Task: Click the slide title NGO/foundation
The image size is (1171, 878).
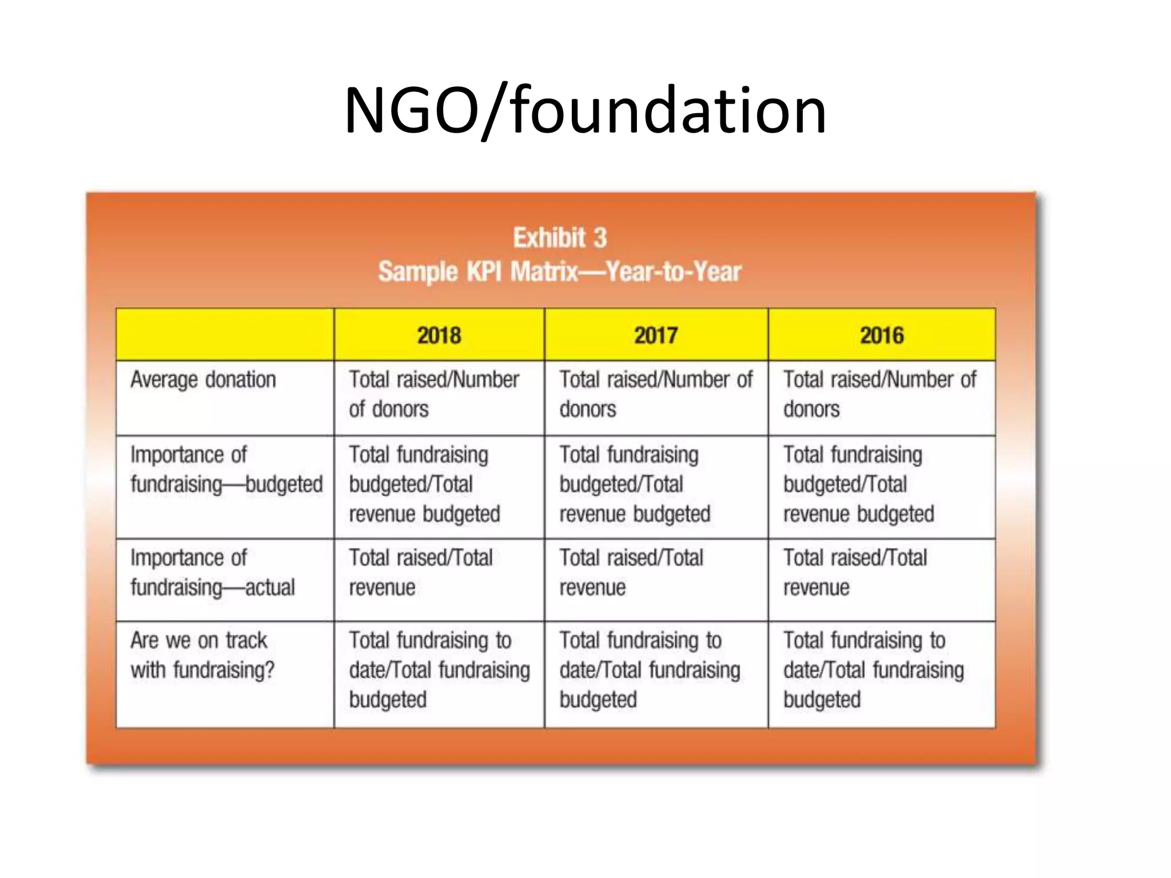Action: point(585,110)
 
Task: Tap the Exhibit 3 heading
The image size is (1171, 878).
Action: point(559,238)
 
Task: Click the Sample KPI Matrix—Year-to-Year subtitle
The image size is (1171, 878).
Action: point(559,272)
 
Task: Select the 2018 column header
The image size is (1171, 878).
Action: point(439,336)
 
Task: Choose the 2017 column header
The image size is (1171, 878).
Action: point(656,336)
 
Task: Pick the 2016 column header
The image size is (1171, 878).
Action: point(882,336)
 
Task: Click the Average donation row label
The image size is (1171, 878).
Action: point(203,380)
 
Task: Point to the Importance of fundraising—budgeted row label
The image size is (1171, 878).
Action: point(226,470)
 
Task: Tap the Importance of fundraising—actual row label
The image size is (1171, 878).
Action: point(212,573)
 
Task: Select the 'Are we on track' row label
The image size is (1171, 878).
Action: point(202,655)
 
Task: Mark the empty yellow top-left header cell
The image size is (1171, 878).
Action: point(225,335)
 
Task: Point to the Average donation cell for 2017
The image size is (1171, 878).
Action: point(655,394)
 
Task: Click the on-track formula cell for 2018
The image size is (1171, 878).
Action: point(439,670)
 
